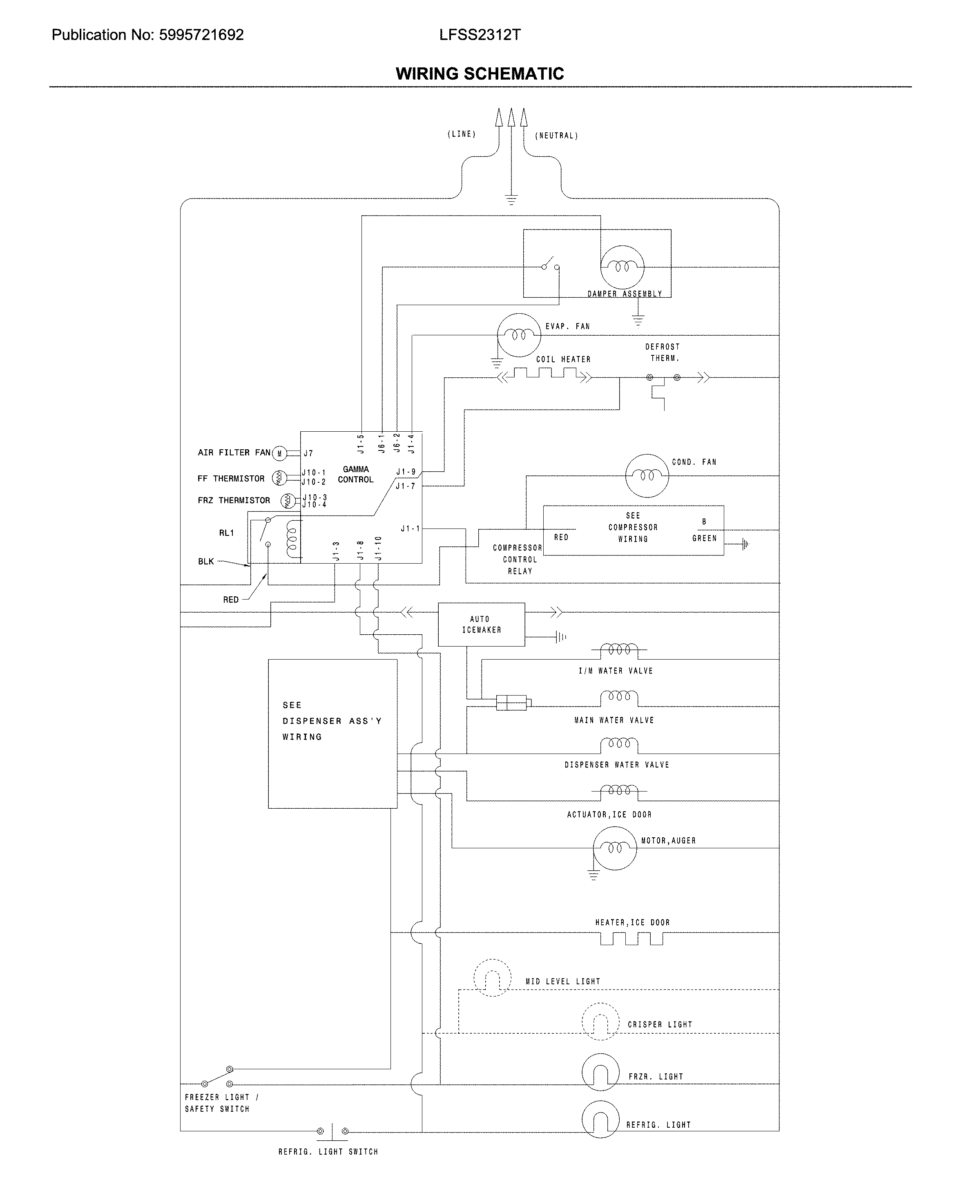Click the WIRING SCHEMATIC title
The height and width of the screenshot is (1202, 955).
[480, 74]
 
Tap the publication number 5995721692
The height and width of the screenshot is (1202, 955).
[201, 35]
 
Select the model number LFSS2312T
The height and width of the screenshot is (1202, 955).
[480, 35]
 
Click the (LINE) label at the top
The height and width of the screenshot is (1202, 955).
[462, 134]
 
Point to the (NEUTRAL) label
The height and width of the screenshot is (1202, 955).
[556, 136]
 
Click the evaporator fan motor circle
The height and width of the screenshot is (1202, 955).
[518, 335]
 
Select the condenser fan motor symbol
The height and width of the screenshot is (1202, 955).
[647, 475]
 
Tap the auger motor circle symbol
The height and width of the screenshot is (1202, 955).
[614, 848]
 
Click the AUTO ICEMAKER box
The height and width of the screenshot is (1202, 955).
[481, 624]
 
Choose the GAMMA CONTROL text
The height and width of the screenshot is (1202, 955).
[356, 475]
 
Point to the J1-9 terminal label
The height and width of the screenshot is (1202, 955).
[406, 472]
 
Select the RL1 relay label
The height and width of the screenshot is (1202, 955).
[226, 533]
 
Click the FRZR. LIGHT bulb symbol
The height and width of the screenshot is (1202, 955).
[600, 1072]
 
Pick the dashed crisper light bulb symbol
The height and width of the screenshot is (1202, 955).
[600, 1021]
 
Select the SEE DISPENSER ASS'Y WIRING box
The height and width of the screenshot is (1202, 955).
[332, 734]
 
